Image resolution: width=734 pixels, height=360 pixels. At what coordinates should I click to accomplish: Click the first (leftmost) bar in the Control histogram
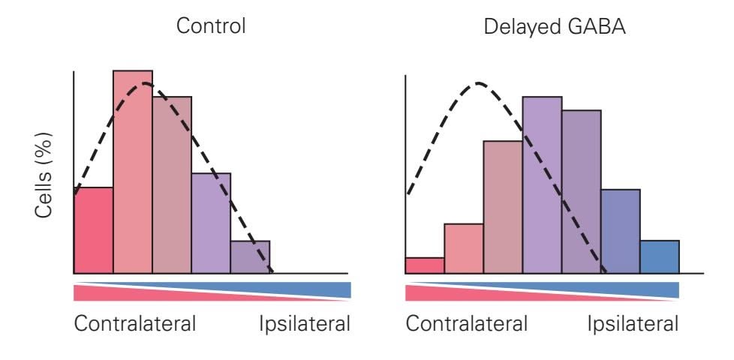[x=94, y=230]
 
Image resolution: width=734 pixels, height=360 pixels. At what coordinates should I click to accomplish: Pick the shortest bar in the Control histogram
[x=250, y=256]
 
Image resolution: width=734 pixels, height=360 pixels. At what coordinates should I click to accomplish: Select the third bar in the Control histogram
[x=172, y=184]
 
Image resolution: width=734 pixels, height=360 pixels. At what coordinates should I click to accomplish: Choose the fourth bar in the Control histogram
[x=211, y=223]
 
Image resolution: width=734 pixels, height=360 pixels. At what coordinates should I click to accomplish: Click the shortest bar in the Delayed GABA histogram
[x=425, y=265]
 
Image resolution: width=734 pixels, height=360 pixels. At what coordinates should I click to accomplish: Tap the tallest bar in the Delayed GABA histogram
[x=542, y=184]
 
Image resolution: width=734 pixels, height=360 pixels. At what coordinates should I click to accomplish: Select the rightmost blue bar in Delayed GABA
[x=660, y=256]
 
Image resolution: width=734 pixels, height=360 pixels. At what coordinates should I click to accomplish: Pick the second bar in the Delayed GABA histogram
[x=464, y=248]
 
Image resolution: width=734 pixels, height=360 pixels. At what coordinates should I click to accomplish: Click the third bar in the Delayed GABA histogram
[x=503, y=207]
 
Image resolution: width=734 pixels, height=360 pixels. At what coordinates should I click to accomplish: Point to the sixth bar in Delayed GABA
[x=621, y=231]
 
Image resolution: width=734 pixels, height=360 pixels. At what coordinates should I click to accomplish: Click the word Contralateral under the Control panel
[x=134, y=325]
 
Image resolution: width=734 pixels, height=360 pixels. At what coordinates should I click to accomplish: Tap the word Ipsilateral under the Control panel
[x=305, y=325]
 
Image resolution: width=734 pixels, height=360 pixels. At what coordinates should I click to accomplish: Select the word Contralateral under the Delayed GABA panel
[x=466, y=325]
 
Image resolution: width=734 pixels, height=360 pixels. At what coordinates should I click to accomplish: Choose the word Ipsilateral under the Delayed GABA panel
[x=633, y=325]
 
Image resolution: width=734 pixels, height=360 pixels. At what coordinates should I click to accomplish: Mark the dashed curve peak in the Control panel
[x=146, y=82]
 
